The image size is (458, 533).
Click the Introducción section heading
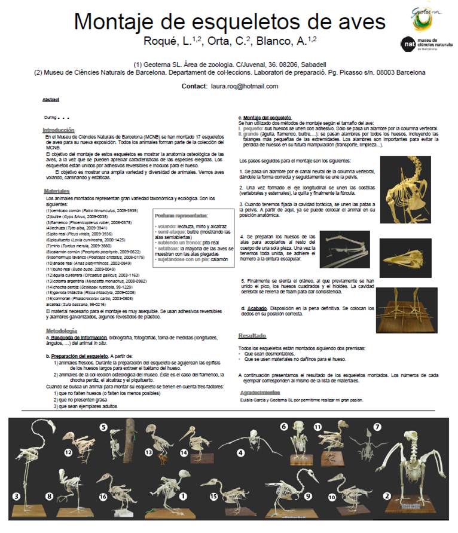pyautogui.click(x=59, y=130)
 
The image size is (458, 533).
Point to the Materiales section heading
pyautogui.click(x=57, y=191)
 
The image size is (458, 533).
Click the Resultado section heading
pyautogui.click(x=252, y=336)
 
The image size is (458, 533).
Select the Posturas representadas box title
pyautogui.click(x=181, y=216)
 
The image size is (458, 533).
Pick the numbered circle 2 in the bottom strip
pyautogui.click(x=387, y=496)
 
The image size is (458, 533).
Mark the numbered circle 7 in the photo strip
pyautogui.click(x=377, y=427)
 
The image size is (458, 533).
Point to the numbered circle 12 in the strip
pyautogui.click(x=68, y=454)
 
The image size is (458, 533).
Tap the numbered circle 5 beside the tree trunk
pyautogui.click(x=103, y=427)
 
